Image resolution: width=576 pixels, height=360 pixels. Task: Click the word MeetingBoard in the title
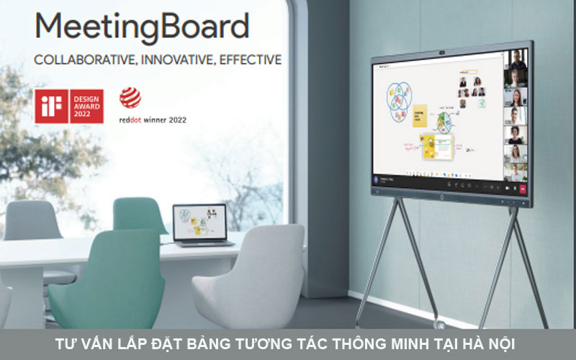[141, 27]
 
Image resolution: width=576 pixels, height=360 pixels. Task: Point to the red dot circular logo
[130, 98]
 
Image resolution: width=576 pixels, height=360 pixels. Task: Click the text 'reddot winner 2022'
[152, 120]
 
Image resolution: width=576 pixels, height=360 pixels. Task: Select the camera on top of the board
[443, 53]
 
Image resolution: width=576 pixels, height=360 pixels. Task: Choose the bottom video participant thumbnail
[516, 172]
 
